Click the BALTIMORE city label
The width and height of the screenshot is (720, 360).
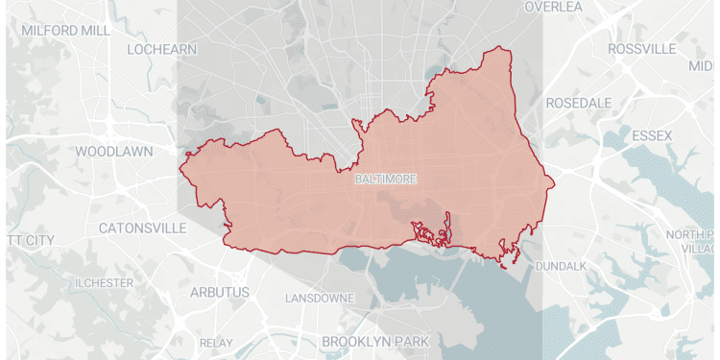384,180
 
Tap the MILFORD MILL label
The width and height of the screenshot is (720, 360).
65,30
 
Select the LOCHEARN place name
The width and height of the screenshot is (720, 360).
160,48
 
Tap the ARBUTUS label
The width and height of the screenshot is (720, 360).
219,291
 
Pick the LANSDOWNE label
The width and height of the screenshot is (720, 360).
320,299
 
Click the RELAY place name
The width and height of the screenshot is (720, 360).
216,343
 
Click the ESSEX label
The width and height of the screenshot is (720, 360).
652,135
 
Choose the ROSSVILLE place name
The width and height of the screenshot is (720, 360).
644,48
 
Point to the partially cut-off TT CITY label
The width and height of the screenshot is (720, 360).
28,238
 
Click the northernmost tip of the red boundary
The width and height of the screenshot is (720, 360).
497,47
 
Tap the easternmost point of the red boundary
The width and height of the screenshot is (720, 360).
554,186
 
